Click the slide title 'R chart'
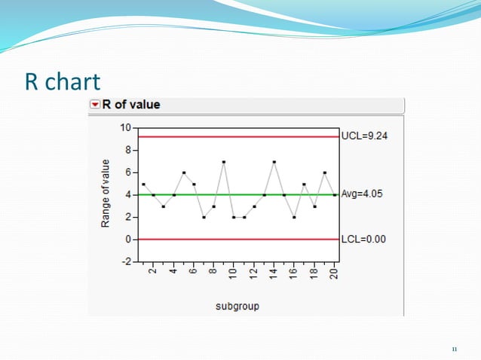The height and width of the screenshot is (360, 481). [x=63, y=81]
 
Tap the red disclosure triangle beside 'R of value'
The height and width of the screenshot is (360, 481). [x=95, y=105]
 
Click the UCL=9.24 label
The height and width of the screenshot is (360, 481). [x=366, y=136]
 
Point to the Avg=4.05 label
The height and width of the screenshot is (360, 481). [x=362, y=194]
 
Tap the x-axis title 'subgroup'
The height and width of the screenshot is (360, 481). [x=236, y=306]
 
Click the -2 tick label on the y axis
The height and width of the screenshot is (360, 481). [x=126, y=261]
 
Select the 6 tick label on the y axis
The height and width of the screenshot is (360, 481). [x=128, y=172]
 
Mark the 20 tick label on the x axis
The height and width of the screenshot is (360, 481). [x=335, y=273]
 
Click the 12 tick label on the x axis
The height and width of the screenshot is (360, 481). [x=254, y=273]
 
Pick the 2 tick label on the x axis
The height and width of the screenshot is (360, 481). [x=153, y=273]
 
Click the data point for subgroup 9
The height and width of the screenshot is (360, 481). [x=224, y=161]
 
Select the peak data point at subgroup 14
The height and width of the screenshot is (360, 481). [x=274, y=161]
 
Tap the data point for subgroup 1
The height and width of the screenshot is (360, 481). [x=143, y=184]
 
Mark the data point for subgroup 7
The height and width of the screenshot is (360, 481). [x=204, y=217]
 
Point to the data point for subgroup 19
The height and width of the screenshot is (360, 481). [x=325, y=172]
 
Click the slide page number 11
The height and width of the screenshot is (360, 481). [x=454, y=349]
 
